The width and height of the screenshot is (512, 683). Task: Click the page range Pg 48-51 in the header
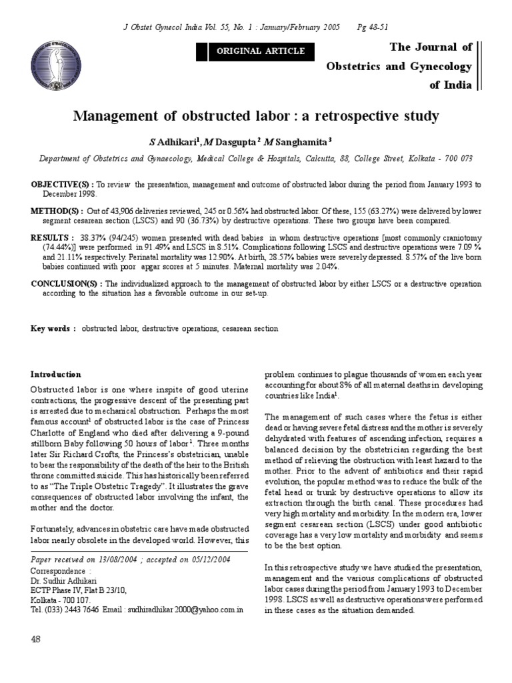381,27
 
